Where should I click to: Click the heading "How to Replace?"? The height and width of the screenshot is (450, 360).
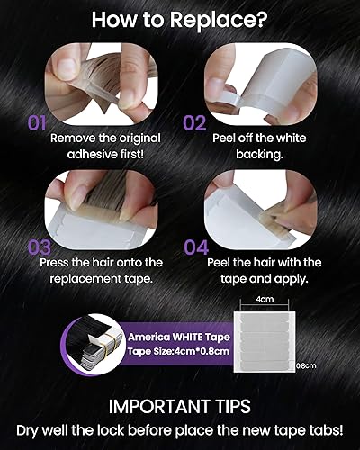click(180, 18)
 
